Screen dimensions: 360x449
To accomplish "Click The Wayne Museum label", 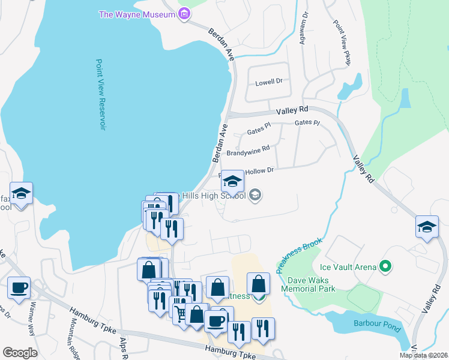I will click(x=137, y=14).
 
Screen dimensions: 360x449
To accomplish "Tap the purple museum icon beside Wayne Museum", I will click(x=184, y=13).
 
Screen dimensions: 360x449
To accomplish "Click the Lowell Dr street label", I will click(x=268, y=82).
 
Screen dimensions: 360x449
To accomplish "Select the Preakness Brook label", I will click(x=300, y=255).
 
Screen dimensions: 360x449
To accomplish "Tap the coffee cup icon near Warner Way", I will click(x=19, y=287).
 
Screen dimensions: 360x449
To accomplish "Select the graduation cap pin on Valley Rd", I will click(x=427, y=227).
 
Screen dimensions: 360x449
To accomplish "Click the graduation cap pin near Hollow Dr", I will click(x=232, y=181).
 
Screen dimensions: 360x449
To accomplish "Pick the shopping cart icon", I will click(x=181, y=311).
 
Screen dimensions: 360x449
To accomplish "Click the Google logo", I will click(x=20, y=353).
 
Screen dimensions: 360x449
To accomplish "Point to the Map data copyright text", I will click(x=423, y=355).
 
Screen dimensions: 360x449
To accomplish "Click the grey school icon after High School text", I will click(x=255, y=195).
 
